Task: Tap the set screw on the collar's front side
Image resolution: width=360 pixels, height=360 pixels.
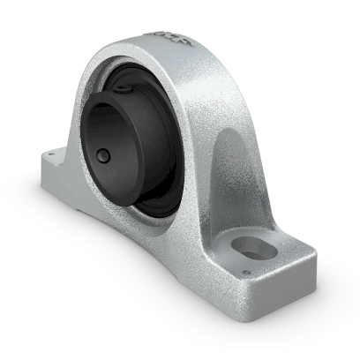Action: pos(104,156)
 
